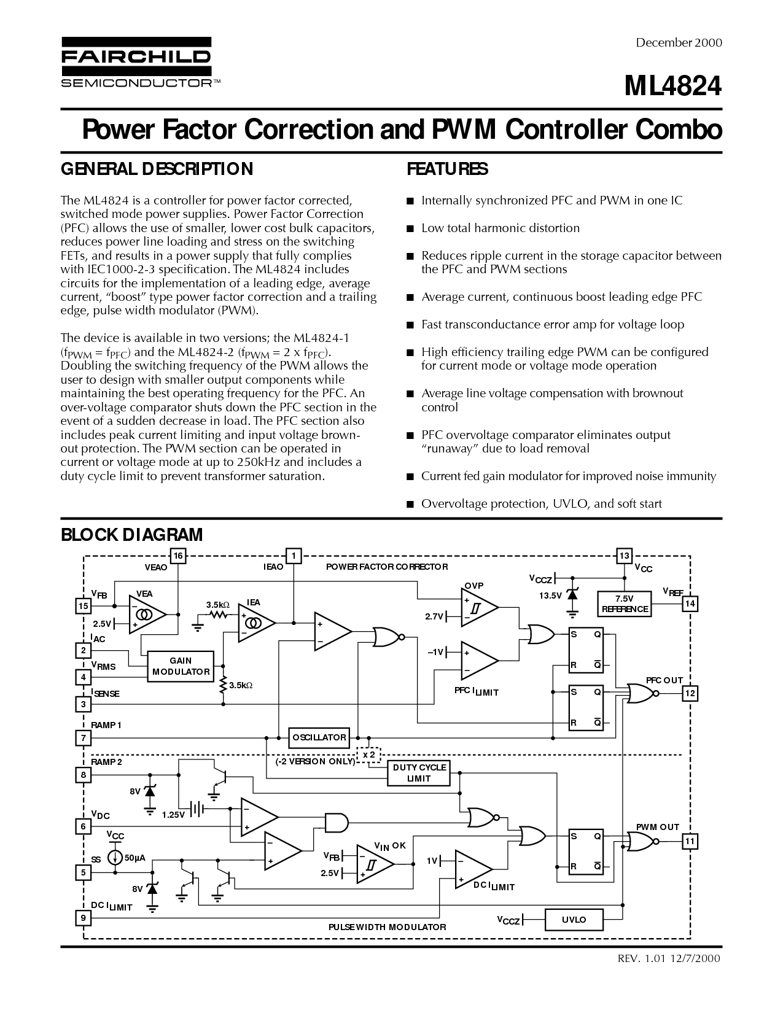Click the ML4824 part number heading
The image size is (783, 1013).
673,86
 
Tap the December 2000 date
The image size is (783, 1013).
679,43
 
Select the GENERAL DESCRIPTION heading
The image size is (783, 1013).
157,169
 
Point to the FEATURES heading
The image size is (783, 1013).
447,169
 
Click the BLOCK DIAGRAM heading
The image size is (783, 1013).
131,535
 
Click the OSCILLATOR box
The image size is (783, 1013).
319,737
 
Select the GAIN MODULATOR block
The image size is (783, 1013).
181,666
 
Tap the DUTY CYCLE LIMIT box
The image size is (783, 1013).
419,773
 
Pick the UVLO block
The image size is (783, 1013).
574,919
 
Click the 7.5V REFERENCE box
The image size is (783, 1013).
625,604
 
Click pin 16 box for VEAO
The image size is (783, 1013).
178,556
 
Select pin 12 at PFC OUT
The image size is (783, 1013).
690,693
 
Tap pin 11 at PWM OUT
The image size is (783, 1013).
690,842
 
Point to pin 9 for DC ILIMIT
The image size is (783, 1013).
83,918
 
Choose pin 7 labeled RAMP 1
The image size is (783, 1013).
83,738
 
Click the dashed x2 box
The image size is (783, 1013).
368,755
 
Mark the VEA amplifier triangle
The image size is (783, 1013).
147,615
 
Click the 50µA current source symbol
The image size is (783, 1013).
114,857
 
